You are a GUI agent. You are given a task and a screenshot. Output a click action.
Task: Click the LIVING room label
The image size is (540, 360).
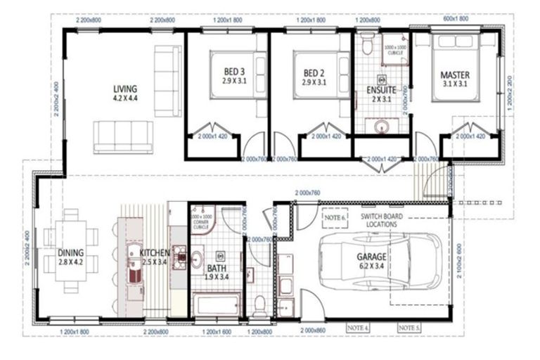(x=124, y=90)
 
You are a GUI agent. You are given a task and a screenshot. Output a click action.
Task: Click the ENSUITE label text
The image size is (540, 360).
(x=380, y=91)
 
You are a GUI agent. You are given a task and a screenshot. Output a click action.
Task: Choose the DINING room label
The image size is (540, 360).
(x=72, y=253)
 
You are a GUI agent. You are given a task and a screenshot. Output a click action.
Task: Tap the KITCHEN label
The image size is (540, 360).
(x=154, y=253)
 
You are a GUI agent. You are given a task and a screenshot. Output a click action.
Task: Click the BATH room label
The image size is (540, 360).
(x=216, y=268)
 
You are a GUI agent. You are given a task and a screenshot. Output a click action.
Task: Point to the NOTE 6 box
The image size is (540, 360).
(x=335, y=218)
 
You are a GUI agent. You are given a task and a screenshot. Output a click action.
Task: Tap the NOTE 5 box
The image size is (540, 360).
(x=409, y=328)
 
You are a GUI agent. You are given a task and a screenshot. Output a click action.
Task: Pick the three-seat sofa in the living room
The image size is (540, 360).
(x=123, y=136)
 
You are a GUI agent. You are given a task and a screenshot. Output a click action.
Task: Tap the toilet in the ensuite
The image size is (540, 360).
(x=366, y=46)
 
